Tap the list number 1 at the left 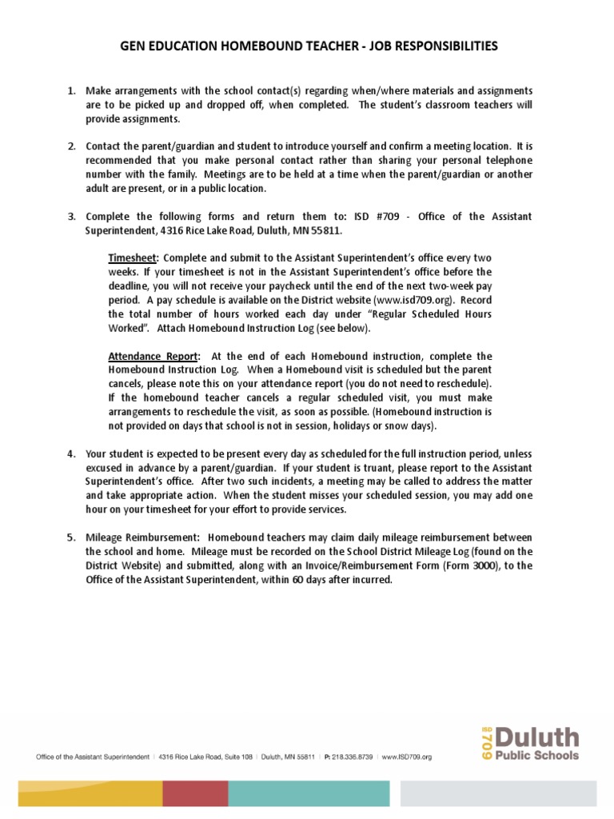pyautogui.click(x=70, y=91)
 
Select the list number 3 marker pyautogui.click(x=70, y=217)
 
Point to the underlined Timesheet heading pyautogui.click(x=134, y=258)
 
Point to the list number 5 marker pyautogui.click(x=70, y=537)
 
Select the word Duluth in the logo pyautogui.click(x=536, y=737)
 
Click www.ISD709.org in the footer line pyautogui.click(x=407, y=757)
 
